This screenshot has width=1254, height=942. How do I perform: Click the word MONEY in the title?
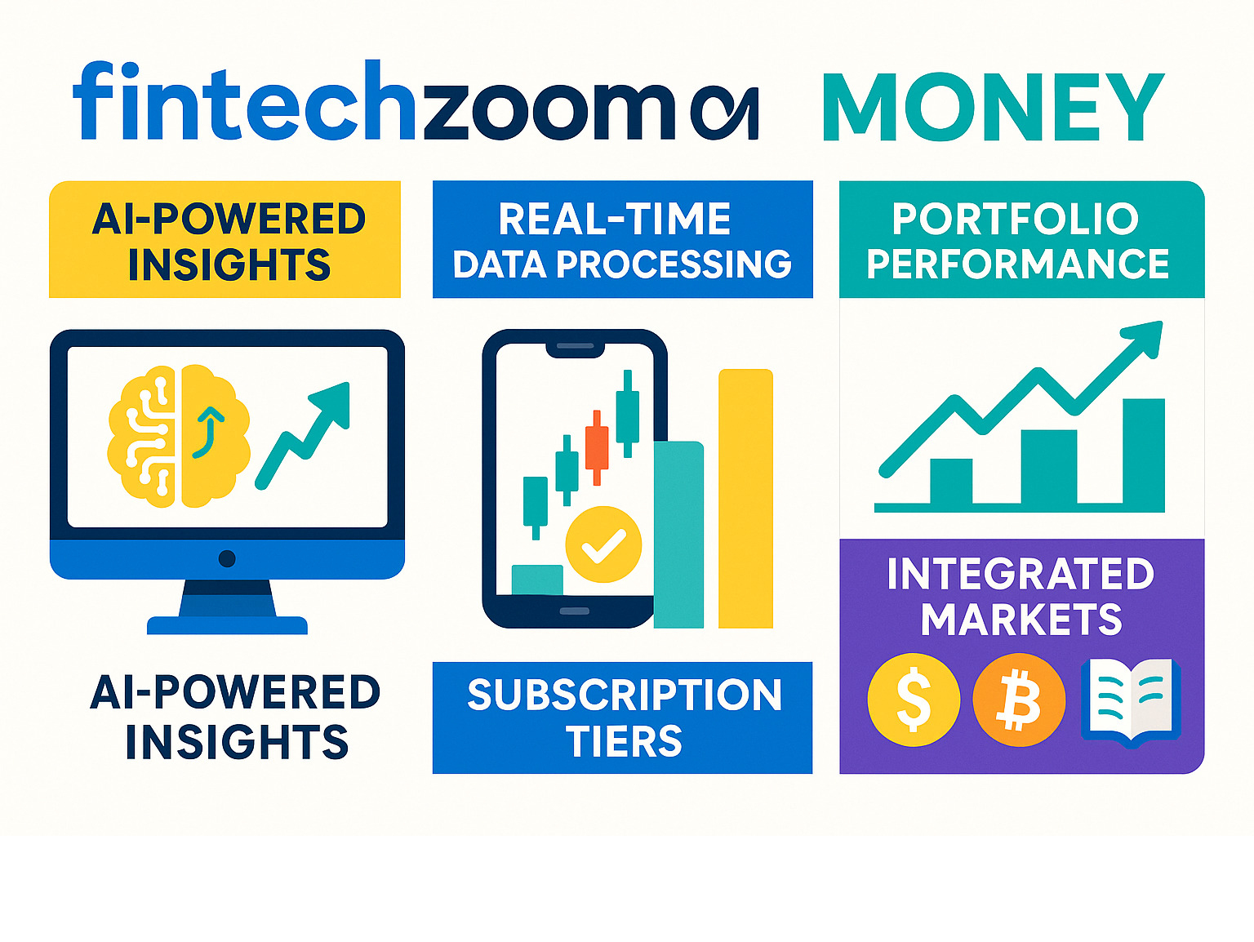[x=994, y=107]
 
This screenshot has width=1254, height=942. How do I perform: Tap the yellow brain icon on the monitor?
[x=179, y=437]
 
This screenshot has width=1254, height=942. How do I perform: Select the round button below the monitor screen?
[x=227, y=558]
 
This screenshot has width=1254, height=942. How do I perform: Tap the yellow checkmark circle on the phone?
[x=603, y=544]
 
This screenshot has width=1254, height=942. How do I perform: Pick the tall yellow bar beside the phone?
[x=745, y=499]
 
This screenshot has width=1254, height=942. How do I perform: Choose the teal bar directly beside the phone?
[x=678, y=535]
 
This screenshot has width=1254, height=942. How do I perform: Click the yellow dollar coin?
[x=914, y=700]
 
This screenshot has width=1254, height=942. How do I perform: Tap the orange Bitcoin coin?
[x=1019, y=700]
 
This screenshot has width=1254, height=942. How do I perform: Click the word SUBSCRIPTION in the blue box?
[x=625, y=695]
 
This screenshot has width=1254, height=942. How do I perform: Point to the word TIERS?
[x=624, y=741]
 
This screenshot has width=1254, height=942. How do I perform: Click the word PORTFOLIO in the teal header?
[x=1016, y=219]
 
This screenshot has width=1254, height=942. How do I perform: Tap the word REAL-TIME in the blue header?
[x=615, y=219]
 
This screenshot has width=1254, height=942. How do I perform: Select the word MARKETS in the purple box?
[x=1021, y=620]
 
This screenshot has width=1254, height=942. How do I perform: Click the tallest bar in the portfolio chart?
[x=1144, y=455]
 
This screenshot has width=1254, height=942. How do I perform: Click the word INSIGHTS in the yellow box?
[x=229, y=264]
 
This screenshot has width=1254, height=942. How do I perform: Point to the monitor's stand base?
[x=228, y=625]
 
